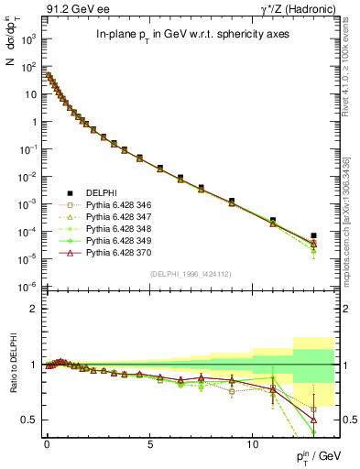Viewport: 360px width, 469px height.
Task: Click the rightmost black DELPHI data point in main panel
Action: click(313, 235)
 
